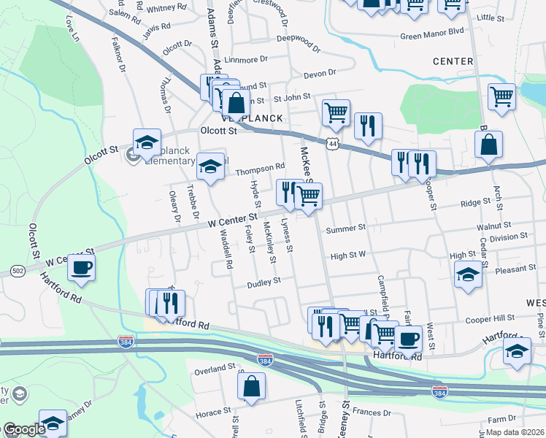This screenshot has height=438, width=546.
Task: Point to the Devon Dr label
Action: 319,73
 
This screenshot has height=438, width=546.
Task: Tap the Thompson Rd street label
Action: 260,169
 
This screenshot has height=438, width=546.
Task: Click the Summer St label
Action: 345,228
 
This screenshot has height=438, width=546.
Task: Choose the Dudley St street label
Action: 264,282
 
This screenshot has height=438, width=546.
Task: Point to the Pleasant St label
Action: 515,269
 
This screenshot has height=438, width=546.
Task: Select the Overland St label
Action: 215,369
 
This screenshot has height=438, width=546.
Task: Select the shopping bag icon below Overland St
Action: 251,387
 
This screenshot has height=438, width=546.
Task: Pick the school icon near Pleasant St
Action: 468,275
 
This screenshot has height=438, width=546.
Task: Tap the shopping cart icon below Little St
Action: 501,96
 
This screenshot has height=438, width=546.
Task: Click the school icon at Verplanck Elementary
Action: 147,141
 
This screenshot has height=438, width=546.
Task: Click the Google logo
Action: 23,430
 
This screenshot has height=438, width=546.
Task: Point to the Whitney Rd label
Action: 166,8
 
